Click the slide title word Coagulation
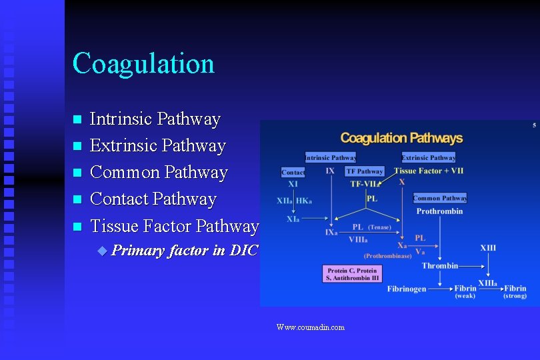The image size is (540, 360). (x=143, y=63)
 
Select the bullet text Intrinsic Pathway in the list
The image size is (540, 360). (x=155, y=119)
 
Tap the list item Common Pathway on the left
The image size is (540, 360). (x=159, y=172)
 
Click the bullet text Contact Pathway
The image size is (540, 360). (x=153, y=199)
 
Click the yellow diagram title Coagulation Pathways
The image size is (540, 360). (x=401, y=138)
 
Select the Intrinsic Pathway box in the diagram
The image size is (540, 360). (x=331, y=158)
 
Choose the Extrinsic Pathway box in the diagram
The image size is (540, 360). (x=429, y=158)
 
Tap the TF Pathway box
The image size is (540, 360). (x=365, y=171)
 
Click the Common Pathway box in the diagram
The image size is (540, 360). (x=440, y=198)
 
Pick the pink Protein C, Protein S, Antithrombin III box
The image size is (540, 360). (x=351, y=274)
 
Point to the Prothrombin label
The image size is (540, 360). (x=439, y=211)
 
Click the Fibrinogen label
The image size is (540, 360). (x=407, y=289)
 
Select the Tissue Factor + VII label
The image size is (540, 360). (x=429, y=171)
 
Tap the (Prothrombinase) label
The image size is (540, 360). (x=387, y=255)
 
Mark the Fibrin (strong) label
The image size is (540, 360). (x=515, y=292)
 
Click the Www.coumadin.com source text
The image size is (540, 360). (x=311, y=327)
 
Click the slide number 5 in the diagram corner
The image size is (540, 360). (x=534, y=125)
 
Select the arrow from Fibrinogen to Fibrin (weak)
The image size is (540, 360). (x=440, y=289)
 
